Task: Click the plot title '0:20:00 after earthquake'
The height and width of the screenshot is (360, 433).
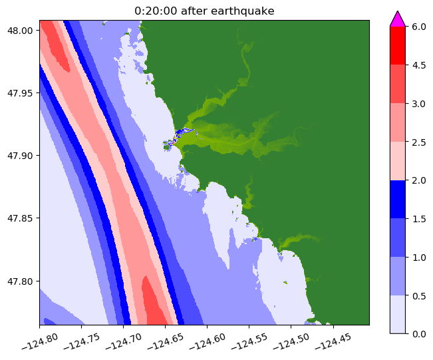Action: (204, 10)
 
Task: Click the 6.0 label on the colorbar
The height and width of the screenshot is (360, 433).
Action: (418, 27)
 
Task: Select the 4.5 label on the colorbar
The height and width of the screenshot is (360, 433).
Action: (418, 65)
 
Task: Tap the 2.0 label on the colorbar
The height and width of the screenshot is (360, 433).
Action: (418, 180)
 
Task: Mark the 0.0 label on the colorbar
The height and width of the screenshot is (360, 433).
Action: (418, 333)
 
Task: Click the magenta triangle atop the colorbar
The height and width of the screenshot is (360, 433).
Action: (398, 19)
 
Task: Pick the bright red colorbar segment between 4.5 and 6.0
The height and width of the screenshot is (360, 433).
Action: (398, 45)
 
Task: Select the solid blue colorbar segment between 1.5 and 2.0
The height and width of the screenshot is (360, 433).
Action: (398, 199)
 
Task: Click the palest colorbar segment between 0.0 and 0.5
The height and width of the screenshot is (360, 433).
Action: (398, 313)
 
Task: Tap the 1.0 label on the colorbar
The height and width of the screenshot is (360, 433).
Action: (418, 256)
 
